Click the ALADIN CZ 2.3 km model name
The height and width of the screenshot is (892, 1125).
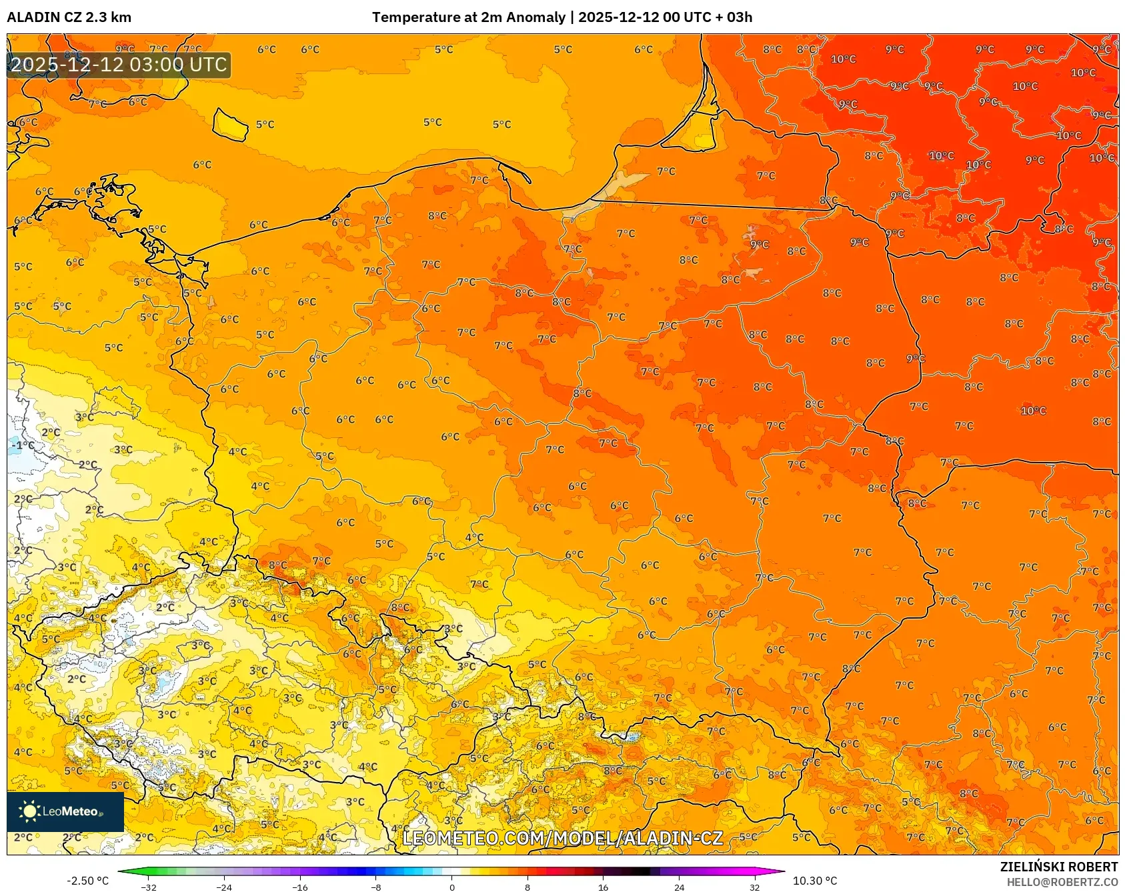pyautogui.click(x=69, y=17)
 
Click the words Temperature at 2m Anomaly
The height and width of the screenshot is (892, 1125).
pyautogui.click(x=468, y=17)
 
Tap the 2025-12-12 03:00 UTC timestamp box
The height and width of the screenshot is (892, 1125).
pyautogui.click(x=119, y=65)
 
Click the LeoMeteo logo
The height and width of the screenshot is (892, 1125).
pyautogui.click(x=65, y=811)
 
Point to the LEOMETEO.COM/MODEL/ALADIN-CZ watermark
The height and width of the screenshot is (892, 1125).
pyautogui.click(x=562, y=838)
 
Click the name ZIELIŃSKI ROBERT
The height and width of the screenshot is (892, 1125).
pyautogui.click(x=1058, y=867)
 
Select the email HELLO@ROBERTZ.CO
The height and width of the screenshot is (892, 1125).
pyautogui.click(x=1062, y=882)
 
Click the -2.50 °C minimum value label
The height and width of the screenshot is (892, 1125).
pyautogui.click(x=87, y=881)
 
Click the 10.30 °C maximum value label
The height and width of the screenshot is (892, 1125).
pyautogui.click(x=815, y=881)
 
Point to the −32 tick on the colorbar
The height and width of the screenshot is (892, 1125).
pyautogui.click(x=149, y=887)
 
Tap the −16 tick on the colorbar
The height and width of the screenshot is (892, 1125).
pyautogui.click(x=300, y=887)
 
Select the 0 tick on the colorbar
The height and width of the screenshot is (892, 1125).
pyautogui.click(x=452, y=887)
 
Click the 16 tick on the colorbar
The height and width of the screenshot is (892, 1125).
pyautogui.click(x=603, y=887)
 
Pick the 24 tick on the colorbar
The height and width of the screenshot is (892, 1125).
pyautogui.click(x=679, y=887)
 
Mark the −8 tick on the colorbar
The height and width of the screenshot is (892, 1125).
pyautogui.click(x=376, y=887)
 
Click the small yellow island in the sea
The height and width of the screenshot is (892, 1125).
pyautogui.click(x=231, y=125)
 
